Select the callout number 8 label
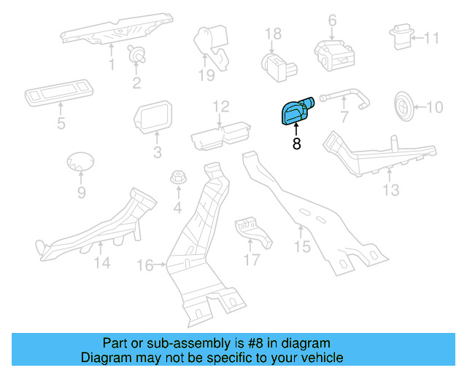(x=296, y=144)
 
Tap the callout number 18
(x=272, y=34)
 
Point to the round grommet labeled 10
(x=403, y=106)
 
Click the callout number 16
(x=147, y=266)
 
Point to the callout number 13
(x=392, y=190)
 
